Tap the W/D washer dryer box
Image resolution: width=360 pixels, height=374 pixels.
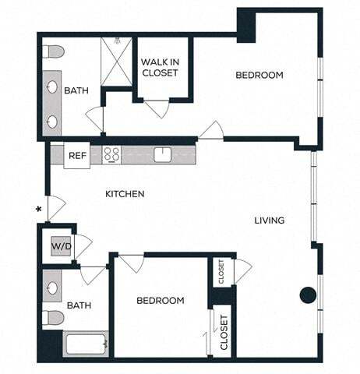tap(60, 247)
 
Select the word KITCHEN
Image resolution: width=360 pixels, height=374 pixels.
tap(125, 194)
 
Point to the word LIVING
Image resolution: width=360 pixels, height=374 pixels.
tap(269, 221)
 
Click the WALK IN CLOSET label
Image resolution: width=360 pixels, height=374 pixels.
tap(160, 68)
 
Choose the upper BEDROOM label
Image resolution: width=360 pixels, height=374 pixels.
tap(259, 76)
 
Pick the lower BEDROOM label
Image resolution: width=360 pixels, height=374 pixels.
tap(161, 301)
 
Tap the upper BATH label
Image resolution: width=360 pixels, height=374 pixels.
tap(76, 90)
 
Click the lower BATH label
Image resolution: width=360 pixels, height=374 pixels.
tap(79, 305)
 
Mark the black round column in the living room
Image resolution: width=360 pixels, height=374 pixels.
tap(308, 295)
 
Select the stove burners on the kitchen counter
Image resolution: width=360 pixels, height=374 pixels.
tap(111, 154)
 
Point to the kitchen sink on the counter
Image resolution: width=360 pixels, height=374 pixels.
tap(162, 154)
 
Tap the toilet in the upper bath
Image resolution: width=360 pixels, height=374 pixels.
tap(54, 51)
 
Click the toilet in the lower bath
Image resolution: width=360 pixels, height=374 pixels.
tap(53, 317)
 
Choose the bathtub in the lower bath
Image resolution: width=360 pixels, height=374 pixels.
tap(85, 344)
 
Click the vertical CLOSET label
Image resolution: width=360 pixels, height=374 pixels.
tap(224, 331)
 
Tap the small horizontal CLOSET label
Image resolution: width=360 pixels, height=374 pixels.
tap(221, 271)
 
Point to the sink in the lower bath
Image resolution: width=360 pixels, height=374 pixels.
tap(52, 288)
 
